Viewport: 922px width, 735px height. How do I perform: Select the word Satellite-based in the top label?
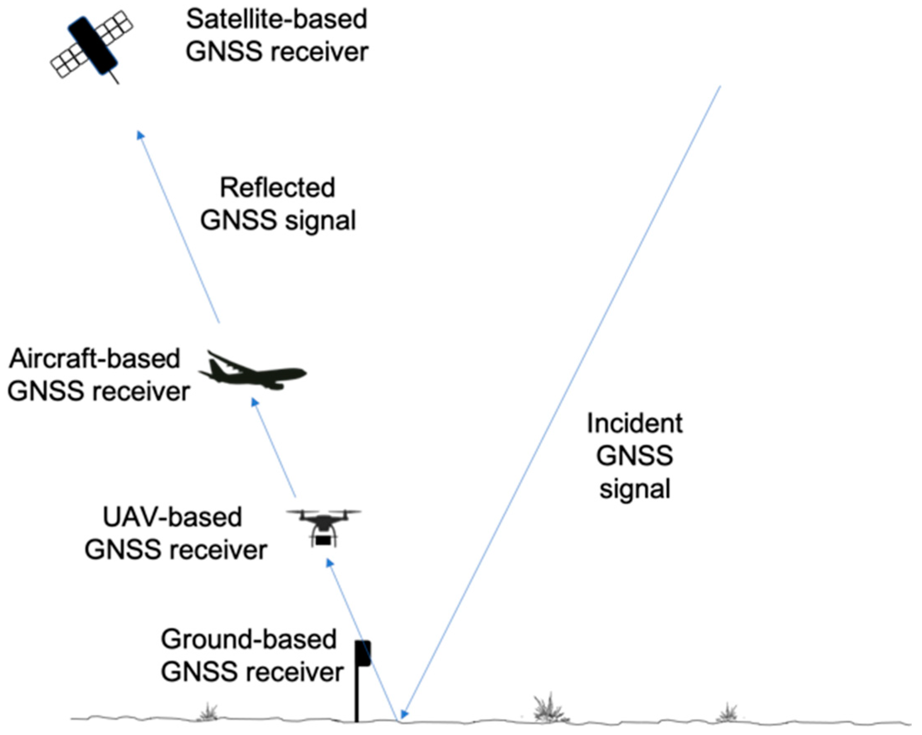click(x=277, y=19)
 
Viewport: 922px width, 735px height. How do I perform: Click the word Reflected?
click(x=277, y=188)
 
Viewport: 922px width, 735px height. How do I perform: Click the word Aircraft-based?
click(x=95, y=359)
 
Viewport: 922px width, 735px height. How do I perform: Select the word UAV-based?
click(x=172, y=517)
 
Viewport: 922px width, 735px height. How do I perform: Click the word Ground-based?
click(x=248, y=640)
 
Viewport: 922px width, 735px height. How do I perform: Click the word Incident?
click(x=635, y=424)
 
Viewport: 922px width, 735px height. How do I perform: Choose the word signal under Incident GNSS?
click(x=635, y=489)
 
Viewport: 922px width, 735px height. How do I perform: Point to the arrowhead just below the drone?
click(x=329, y=563)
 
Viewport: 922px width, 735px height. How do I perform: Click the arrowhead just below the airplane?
click(x=255, y=402)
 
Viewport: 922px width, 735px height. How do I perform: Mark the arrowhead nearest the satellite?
click(x=140, y=135)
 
